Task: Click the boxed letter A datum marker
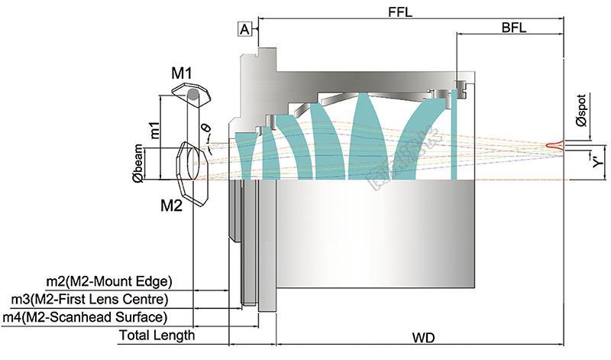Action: coord(245,29)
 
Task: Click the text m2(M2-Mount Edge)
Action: coord(109,281)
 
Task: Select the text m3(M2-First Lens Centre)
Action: coord(89,298)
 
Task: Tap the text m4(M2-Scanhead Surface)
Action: coord(85,316)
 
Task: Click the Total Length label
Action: coord(157,335)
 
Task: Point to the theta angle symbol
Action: coord(205,128)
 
